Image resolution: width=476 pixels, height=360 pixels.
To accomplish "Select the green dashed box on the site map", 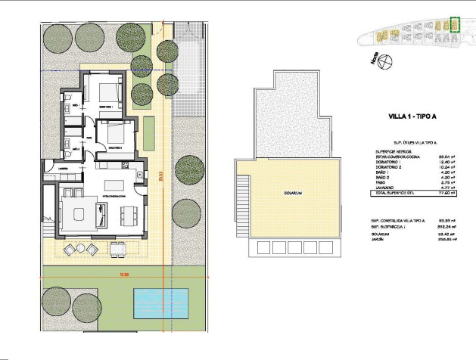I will pos(454,24).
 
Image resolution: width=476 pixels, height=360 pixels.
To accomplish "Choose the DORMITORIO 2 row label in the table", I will pos(387,168).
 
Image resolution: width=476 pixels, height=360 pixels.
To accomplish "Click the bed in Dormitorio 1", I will pos(107,92).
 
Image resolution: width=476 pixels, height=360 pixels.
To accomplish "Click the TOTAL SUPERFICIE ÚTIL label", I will pos(395,195).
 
